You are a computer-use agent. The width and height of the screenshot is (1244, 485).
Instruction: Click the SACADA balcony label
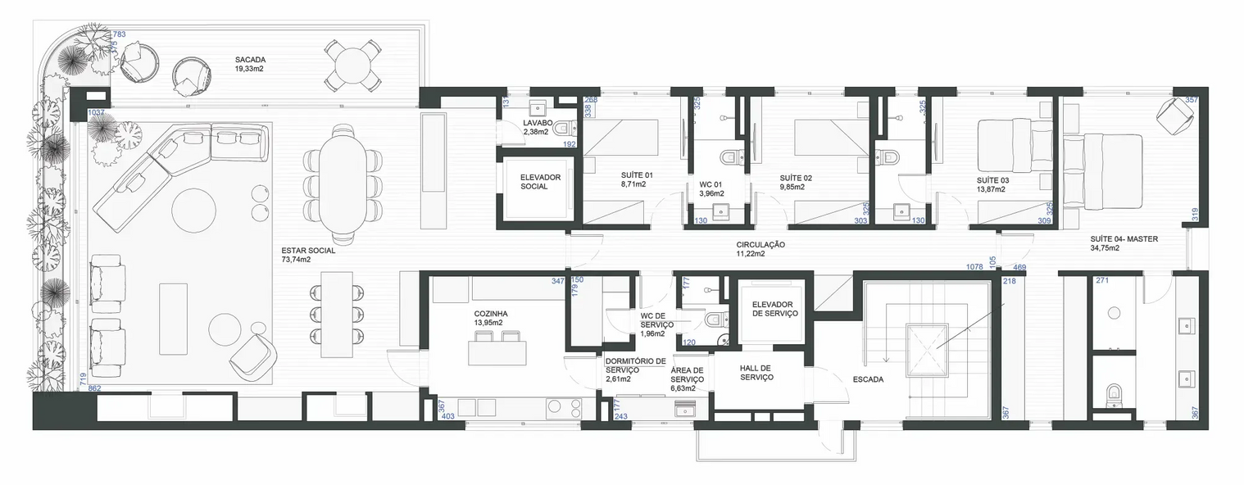pos(250,60)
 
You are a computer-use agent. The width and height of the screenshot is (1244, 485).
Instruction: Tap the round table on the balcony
pos(352,65)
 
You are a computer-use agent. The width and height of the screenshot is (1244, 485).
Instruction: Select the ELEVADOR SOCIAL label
pos(540,181)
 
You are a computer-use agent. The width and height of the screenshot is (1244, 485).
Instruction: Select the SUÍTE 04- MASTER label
pos(1123,239)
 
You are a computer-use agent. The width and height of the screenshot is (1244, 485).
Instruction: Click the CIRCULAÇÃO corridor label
pos(760,244)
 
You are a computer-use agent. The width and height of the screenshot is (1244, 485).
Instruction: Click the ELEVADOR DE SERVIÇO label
pos(774,309)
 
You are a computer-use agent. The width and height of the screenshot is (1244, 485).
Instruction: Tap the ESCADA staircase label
pos(867,379)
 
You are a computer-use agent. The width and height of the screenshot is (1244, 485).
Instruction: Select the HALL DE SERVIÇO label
pos(756,372)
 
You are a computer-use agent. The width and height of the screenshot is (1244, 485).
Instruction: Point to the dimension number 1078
pos(974,267)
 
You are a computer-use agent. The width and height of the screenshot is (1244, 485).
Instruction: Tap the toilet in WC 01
pos(729,156)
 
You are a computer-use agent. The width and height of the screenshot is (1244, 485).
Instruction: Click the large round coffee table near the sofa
pos(193,210)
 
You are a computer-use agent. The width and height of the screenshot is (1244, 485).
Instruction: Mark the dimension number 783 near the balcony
pos(119,34)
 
